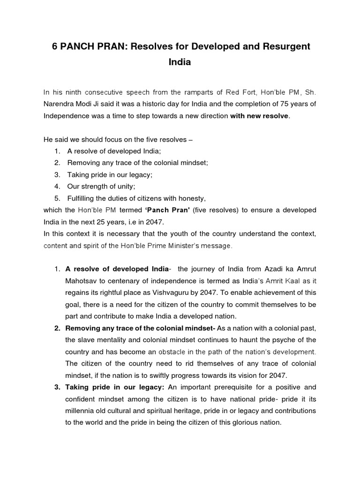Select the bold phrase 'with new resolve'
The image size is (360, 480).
pos(260,115)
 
